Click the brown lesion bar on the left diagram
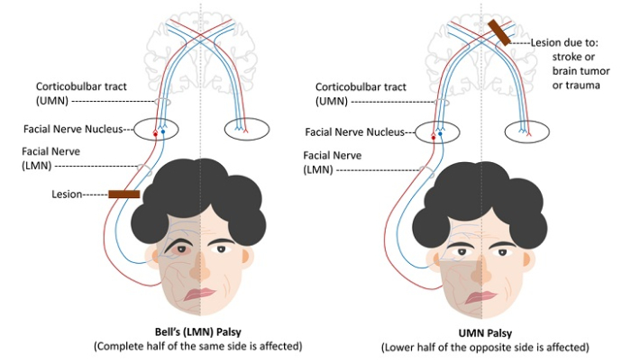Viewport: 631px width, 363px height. point(123,194)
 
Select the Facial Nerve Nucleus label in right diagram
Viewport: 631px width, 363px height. point(358,132)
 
